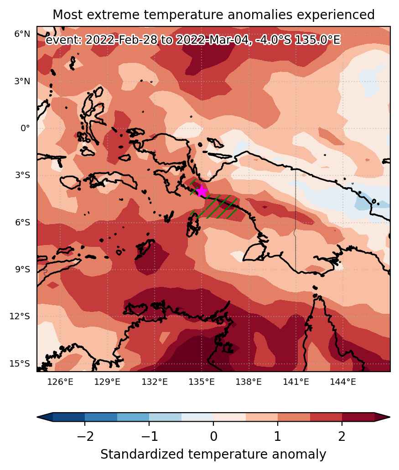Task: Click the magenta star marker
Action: pos(202,191)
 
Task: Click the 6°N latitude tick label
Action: pos(22,34)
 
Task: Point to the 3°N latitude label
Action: pos(22,81)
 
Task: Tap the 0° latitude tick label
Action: pos(25,128)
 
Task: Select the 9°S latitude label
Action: pos(22,270)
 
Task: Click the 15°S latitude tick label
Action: pos(20,363)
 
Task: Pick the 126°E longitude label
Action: pos(60,382)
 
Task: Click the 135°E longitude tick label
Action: pos(202,382)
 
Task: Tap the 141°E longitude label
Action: pos(296,382)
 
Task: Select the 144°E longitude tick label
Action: pos(343,382)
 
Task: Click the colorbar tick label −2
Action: pos(85,436)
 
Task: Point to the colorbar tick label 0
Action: pos(213,436)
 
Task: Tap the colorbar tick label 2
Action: pos(342,436)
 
